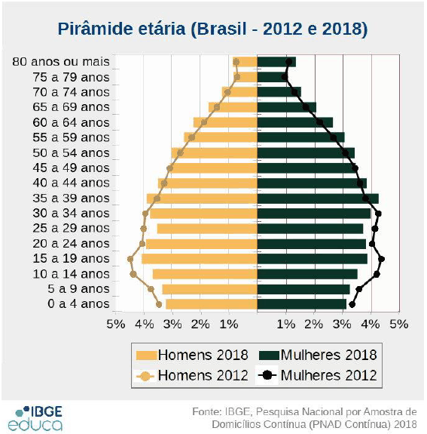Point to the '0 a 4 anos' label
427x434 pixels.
79,304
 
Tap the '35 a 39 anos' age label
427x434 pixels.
72,198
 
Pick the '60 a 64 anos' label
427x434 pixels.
72,122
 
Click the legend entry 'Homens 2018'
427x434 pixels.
191,355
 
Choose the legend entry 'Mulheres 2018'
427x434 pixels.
317,355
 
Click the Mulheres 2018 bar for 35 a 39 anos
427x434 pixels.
317,199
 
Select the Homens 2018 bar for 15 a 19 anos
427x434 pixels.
200,259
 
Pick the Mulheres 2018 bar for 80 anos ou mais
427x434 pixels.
276,62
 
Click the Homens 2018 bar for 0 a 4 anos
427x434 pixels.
212,304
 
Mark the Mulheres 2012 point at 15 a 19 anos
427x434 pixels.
382,259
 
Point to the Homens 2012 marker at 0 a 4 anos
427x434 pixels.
159,304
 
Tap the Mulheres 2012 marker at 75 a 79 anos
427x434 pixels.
285,76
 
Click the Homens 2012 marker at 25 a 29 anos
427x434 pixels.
144,228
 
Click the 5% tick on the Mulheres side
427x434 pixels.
399,323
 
